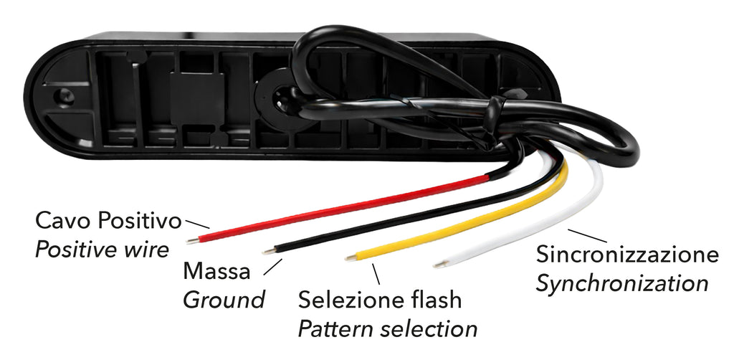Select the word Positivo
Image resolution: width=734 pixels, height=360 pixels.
pos(140,220)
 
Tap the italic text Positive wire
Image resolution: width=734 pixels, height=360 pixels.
pos(102,250)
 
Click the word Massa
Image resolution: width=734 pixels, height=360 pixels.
pos(216,272)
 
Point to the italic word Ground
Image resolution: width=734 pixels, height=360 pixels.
pos(224,300)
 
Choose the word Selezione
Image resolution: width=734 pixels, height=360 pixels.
pos(354,300)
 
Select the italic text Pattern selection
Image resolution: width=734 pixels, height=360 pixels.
pos(388,329)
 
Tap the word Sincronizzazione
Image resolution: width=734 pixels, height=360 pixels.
pos(627,255)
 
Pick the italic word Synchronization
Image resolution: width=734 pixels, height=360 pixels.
pos(621,284)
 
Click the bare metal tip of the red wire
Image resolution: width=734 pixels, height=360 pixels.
pos(192,241)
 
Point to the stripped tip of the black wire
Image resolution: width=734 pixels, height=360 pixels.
pos(269,252)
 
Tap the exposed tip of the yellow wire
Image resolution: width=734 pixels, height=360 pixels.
pos(351,257)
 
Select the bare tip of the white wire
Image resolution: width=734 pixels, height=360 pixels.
pos(439,265)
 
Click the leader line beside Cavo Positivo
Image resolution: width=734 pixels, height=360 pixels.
pos(198,224)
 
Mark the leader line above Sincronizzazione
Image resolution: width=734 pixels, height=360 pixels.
pos(587,236)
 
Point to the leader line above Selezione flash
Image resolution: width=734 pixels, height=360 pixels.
pos(376,275)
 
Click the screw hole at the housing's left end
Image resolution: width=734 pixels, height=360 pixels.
pos(60,96)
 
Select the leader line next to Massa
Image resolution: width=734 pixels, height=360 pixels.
pos(272,267)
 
